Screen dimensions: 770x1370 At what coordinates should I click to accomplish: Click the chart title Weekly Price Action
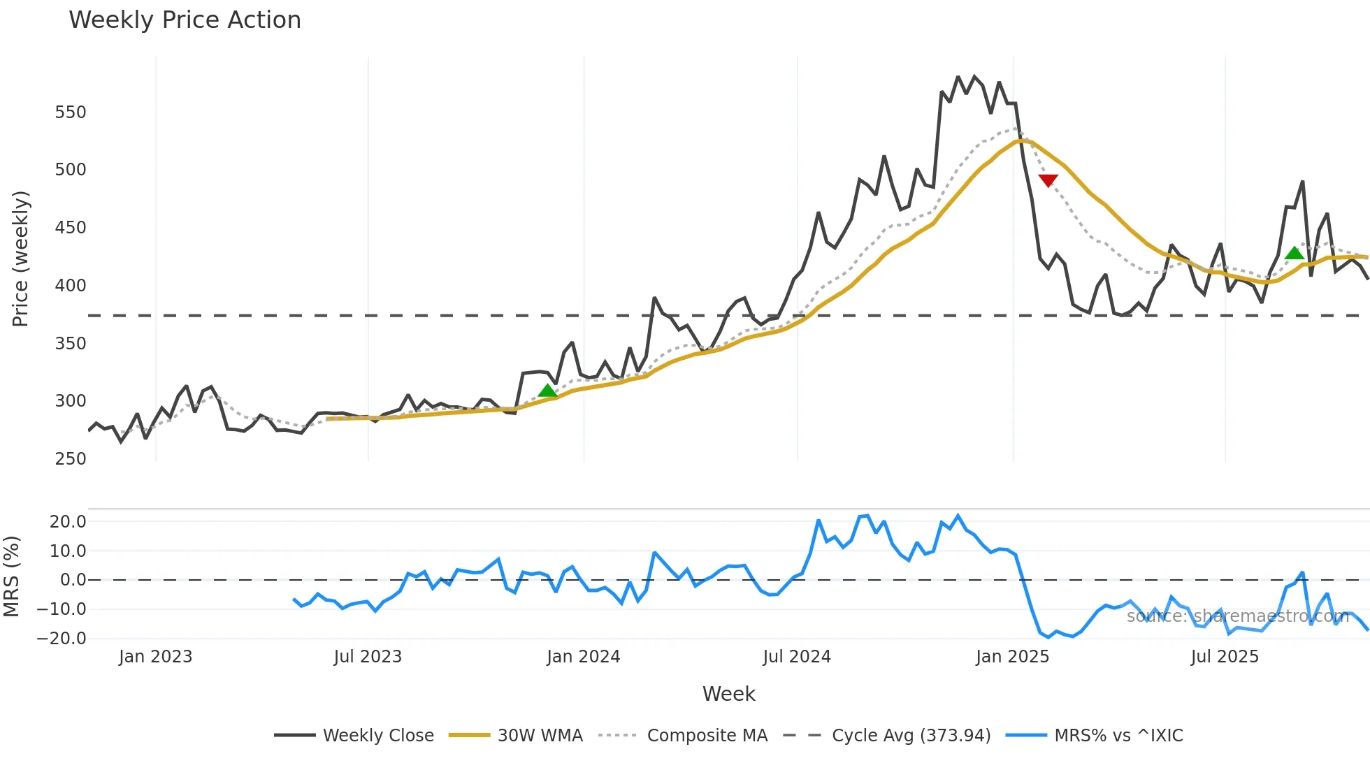coord(185,20)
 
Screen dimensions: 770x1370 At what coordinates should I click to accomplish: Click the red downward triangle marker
coord(1048,181)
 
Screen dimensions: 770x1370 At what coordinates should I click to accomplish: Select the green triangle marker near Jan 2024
coord(548,391)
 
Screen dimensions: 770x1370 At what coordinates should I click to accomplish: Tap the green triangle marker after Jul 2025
coord(1295,253)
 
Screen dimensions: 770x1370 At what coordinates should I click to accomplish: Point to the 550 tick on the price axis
coord(71,112)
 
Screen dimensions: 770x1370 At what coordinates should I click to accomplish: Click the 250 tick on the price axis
coord(71,459)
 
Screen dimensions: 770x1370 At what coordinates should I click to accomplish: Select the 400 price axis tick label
coord(71,286)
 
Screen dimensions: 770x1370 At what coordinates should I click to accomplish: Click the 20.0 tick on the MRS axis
coord(68,522)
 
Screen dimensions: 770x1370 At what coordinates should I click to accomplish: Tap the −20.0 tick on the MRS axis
coord(62,639)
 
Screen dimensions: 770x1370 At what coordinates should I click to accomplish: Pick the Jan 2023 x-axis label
coord(155,657)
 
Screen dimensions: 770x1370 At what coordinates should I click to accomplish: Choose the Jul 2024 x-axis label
coord(797,657)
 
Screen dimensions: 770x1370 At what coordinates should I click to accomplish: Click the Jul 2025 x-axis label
coord(1225,657)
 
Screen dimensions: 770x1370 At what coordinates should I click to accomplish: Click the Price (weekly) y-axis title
coord(21,259)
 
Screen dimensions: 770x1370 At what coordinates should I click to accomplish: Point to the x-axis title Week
coord(728,694)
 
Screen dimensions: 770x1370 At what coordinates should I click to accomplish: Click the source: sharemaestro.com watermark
coord(1237,616)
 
